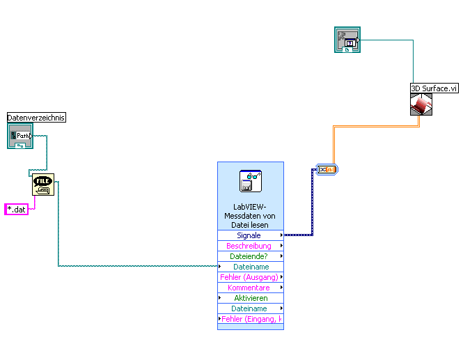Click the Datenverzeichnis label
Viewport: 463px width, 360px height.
[x=36, y=118]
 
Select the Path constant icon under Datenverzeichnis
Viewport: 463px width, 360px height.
[x=21, y=136]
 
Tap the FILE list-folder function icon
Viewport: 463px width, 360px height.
[x=42, y=185]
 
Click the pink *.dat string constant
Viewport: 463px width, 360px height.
[x=16, y=209]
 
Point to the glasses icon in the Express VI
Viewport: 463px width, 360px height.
[x=250, y=180]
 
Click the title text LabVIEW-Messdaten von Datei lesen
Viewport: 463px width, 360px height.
[x=250, y=215]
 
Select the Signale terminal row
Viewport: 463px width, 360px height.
[x=250, y=235]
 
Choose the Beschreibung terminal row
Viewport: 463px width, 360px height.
[x=250, y=246]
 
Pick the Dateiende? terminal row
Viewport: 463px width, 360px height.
[x=250, y=256]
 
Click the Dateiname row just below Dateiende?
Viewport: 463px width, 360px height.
[x=250, y=267]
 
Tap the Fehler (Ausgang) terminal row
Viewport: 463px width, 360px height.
[x=250, y=277]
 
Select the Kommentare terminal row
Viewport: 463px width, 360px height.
[x=250, y=288]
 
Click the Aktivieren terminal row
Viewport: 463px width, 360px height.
[x=250, y=298]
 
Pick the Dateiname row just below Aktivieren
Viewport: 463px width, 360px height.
[x=250, y=308]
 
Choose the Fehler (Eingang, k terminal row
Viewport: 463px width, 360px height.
[x=250, y=319]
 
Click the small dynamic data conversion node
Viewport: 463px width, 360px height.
[x=326, y=169]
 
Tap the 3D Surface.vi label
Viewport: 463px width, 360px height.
[x=434, y=88]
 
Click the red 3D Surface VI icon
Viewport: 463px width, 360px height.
[x=421, y=104]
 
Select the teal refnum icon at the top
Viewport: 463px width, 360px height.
[x=347, y=40]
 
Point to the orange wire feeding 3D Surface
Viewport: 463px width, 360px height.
[x=376, y=127]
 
